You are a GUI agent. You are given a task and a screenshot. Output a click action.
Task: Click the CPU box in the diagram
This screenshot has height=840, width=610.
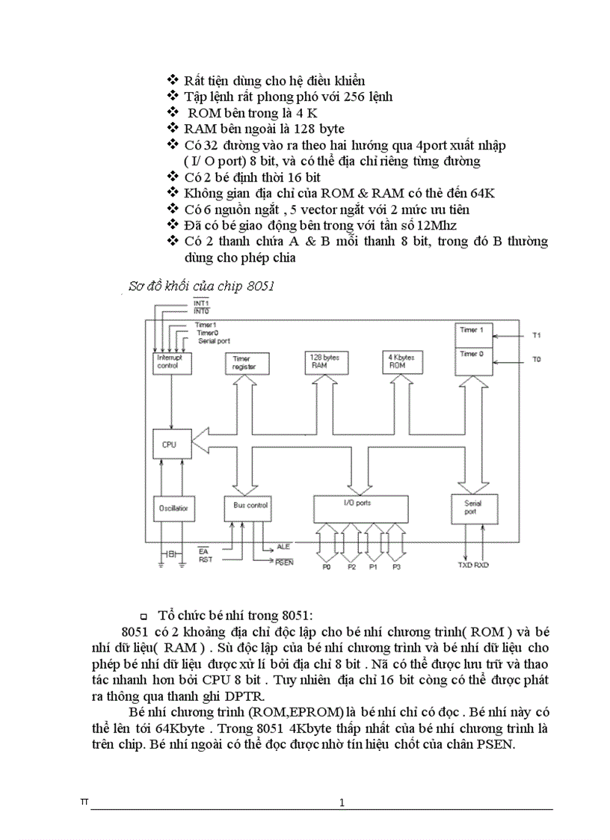171,444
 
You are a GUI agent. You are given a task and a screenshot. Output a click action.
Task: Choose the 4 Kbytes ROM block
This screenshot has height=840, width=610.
402,361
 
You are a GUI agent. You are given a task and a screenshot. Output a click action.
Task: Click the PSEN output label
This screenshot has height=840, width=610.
284,562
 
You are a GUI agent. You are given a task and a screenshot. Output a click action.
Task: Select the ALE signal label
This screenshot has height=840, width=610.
283,547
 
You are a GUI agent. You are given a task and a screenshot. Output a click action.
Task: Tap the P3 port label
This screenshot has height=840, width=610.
396,567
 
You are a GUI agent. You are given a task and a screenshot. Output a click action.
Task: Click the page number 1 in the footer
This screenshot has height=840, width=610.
342,803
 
